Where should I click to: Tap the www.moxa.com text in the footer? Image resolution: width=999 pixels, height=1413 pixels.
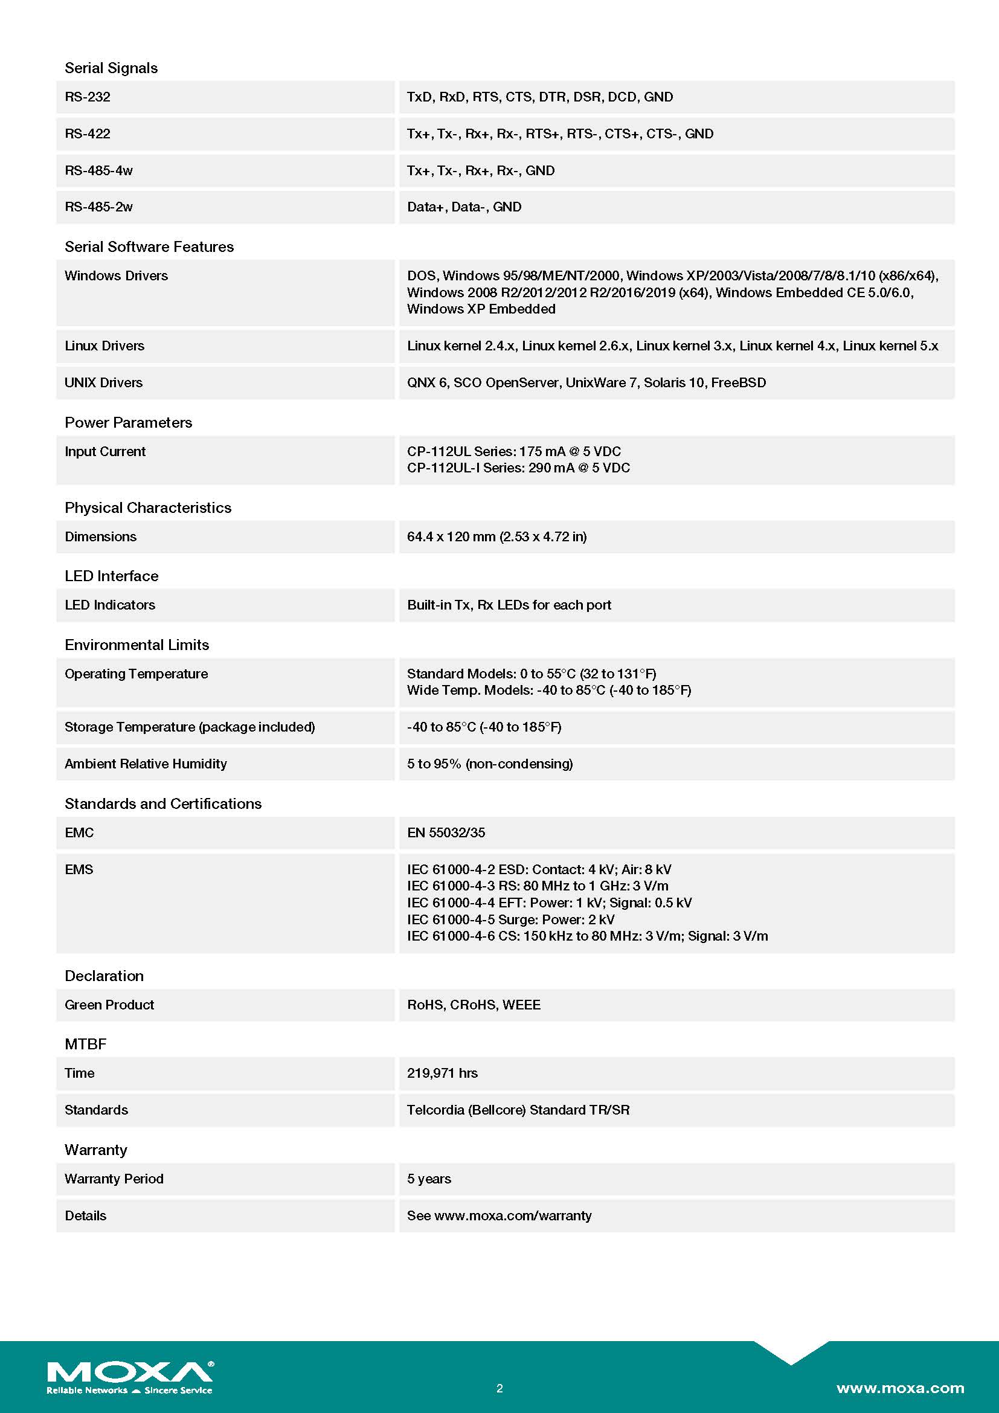point(900,1388)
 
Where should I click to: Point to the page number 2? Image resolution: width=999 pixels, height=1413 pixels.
point(500,1388)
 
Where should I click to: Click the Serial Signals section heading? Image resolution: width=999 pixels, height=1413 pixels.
point(111,68)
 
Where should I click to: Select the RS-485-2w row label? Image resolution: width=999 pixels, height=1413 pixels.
point(98,207)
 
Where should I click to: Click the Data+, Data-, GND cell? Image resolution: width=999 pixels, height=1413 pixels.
point(464,207)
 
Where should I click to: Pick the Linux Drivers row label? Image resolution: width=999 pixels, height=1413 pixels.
point(104,346)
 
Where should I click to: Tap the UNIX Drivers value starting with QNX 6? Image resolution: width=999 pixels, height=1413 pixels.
point(586,383)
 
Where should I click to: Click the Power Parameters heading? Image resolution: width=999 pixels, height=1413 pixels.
point(128,422)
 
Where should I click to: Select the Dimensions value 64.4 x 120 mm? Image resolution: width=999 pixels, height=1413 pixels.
point(496,536)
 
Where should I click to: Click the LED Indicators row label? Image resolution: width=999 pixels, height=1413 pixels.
point(109,605)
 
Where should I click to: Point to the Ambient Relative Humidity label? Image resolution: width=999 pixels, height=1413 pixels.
point(145,764)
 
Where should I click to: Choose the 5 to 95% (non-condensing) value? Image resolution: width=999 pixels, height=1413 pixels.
point(490,764)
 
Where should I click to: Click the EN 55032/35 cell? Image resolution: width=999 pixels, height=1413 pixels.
point(446,832)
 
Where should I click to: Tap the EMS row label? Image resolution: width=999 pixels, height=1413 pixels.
point(79,869)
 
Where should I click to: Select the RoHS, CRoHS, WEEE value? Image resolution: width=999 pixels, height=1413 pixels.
point(474,1005)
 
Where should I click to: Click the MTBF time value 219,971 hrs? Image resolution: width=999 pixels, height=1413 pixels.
point(442,1073)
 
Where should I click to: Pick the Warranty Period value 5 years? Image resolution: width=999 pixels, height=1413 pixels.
point(429,1179)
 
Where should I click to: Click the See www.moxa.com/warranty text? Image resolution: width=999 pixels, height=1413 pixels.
point(499,1216)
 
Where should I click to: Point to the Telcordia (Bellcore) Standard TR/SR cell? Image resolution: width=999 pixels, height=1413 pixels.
point(518,1110)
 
